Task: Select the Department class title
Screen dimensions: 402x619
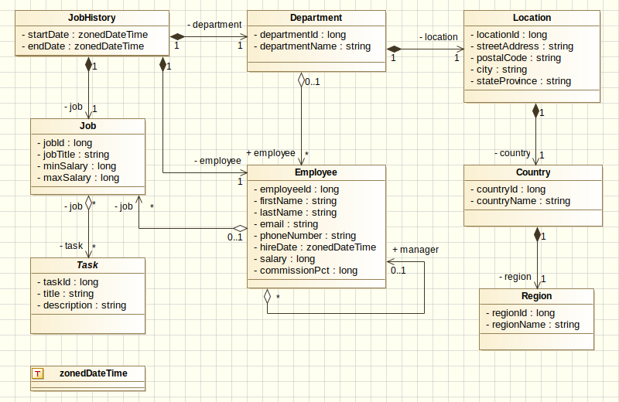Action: tap(316, 17)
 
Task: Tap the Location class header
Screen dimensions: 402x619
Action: tap(532, 17)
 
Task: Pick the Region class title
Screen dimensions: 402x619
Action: tap(536, 296)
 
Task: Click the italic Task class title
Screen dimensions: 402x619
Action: tap(87, 265)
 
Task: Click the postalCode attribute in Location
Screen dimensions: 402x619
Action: tap(518, 58)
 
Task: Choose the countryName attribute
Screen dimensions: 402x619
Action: tap(523, 201)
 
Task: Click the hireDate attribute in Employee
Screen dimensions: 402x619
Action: tap(317, 247)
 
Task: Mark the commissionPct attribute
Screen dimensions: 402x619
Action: tap(308, 271)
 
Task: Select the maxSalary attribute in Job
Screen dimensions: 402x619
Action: tap(81, 178)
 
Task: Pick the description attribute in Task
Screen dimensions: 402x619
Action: tap(84, 305)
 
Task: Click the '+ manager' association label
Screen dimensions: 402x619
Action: tap(416, 250)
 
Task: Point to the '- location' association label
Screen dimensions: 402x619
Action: tap(438, 37)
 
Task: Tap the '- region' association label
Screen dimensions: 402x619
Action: tap(514, 277)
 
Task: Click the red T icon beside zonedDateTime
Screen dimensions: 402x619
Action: tap(37, 373)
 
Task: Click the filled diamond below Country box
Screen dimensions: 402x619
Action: tap(535, 233)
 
